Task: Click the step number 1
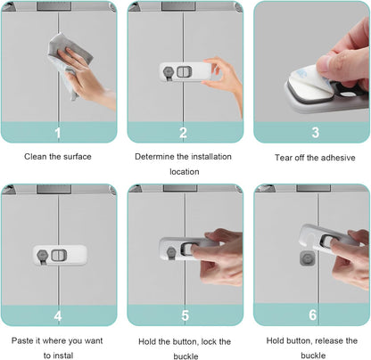coord(58,133)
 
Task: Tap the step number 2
coord(183,133)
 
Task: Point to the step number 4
coord(58,315)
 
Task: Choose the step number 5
coord(185,315)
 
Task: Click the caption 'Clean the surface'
coord(58,157)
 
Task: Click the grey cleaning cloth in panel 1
coord(64,53)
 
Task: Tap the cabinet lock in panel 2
coord(178,71)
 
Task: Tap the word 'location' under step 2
coord(185,171)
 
